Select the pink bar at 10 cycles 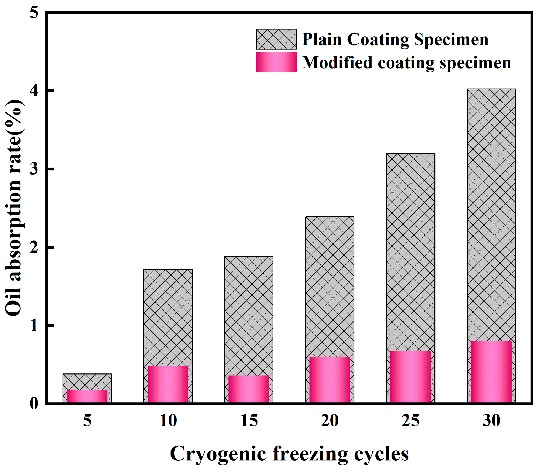point(168,384)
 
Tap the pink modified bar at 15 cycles point(249,389)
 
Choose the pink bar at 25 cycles point(410,377)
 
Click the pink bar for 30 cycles point(491,372)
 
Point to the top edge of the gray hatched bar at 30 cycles point(491,89)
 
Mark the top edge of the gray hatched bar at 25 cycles point(410,153)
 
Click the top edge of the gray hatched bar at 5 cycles point(87,374)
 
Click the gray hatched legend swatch point(276,39)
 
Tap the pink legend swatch point(276,62)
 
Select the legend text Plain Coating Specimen point(395,40)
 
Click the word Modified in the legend point(337,63)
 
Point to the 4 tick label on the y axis point(34,90)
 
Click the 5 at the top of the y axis point(34,12)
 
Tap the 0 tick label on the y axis point(34,403)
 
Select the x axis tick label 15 point(249,421)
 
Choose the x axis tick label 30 point(491,421)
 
